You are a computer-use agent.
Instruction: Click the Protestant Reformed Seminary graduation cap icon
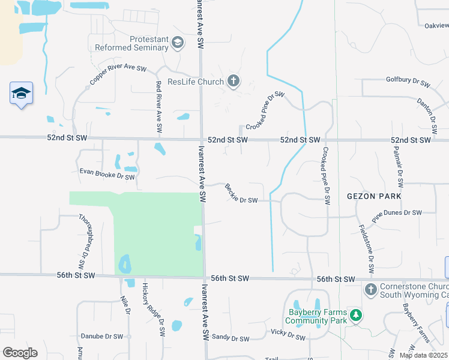177,42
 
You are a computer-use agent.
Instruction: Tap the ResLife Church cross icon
234,82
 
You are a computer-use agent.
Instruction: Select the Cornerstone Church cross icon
370,290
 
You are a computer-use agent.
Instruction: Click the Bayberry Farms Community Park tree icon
356,315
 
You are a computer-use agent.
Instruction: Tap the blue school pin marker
21,94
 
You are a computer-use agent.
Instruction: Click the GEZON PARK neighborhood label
373,196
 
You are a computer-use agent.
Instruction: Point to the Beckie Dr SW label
241,193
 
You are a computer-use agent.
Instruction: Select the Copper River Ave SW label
118,75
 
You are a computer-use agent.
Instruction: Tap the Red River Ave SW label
159,107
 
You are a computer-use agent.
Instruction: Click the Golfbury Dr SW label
408,82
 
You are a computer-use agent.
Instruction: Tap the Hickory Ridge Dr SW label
152,310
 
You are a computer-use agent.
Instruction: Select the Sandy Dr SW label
231,338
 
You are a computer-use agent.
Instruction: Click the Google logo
20,353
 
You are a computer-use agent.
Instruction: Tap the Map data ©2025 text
423,355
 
